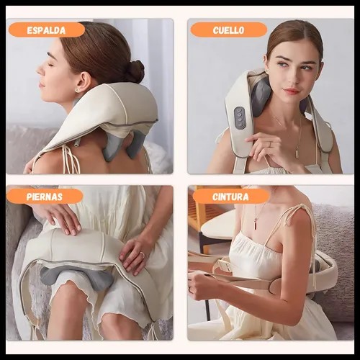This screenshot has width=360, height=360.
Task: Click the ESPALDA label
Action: click(47, 30)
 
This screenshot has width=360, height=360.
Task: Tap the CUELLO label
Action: click(228, 30)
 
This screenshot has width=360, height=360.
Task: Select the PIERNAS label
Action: click(45, 197)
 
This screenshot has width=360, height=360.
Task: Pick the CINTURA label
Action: click(230, 197)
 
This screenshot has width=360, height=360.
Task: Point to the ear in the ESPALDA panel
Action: click(82, 82)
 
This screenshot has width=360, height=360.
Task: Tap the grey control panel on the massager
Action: click(240, 117)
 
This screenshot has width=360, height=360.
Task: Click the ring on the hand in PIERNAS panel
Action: click(143, 255)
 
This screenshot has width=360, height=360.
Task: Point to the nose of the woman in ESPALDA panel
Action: click(40, 69)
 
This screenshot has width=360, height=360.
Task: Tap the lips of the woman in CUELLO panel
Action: click(292, 91)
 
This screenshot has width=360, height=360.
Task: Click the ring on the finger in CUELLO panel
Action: click(270, 144)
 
